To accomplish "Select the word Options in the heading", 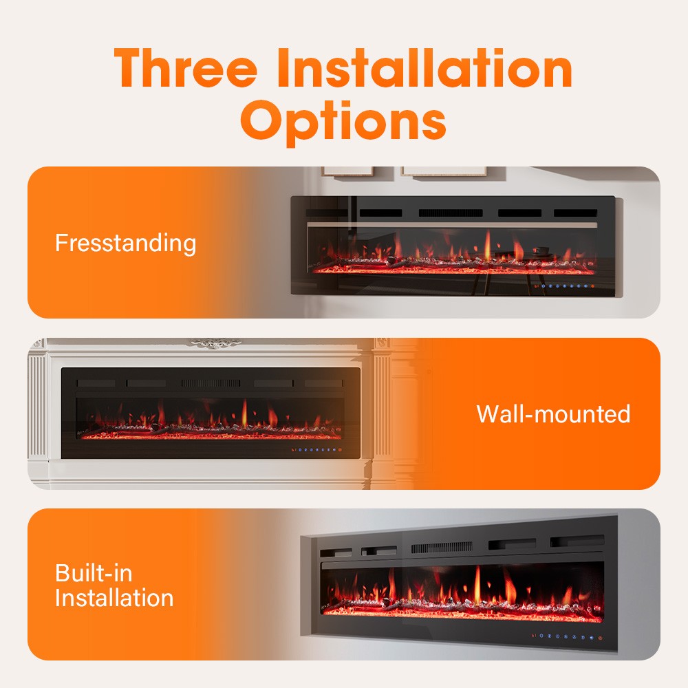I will point(344,121).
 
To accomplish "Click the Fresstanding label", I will point(125,243).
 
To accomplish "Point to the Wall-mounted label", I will point(553,413).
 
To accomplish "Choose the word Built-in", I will point(94,573).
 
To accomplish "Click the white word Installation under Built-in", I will point(114,597).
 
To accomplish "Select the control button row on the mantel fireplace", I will point(314,451).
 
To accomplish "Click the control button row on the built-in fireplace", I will point(566,636).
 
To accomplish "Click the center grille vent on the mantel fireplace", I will point(211,383).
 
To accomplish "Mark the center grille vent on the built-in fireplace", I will point(442,547).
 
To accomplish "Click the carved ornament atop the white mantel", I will point(214,342).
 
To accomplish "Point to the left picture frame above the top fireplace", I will point(347,170).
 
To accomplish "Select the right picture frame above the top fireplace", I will point(444,170).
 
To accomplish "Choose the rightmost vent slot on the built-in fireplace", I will point(577,541).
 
